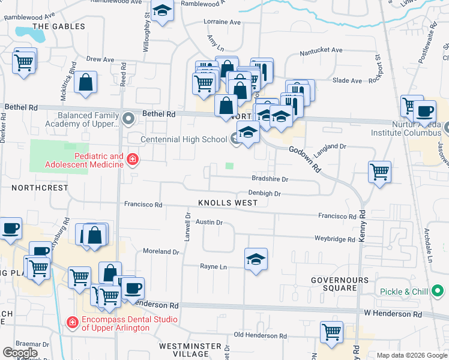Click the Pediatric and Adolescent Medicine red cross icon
click(x=132, y=159)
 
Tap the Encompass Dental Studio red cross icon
click(x=73, y=322)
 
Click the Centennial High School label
click(x=184, y=139)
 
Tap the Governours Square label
click(x=334, y=284)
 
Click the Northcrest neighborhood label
click(x=40, y=187)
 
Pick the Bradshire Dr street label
click(x=270, y=179)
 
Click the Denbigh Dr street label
click(x=265, y=193)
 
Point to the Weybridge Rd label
click(x=335, y=239)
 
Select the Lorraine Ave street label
click(x=222, y=22)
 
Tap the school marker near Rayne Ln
click(x=256, y=260)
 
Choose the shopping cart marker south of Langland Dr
click(x=379, y=172)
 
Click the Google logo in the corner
click(x=20, y=353)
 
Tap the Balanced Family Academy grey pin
click(x=127, y=118)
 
